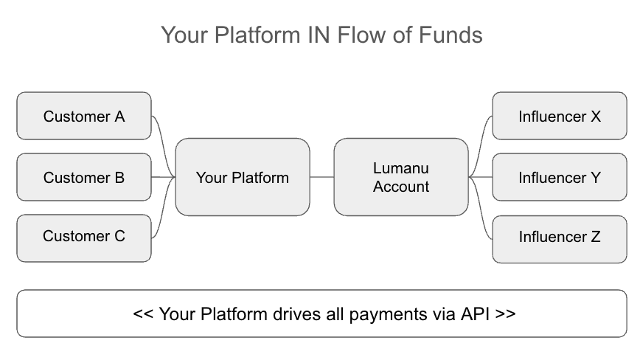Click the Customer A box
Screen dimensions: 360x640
tap(84, 116)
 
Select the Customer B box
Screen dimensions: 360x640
tap(84, 177)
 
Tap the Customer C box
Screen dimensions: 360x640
tap(84, 237)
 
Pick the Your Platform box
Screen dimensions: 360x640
tap(242, 177)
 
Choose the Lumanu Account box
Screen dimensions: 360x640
tap(400, 177)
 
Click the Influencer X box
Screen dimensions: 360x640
tap(560, 116)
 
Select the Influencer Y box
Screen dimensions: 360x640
tap(560, 177)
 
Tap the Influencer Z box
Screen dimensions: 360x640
tap(560, 237)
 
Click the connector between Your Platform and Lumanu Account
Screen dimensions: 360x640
tap(321, 177)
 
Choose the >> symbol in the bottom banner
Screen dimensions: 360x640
tap(505, 314)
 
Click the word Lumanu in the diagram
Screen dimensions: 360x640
tap(400, 168)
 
